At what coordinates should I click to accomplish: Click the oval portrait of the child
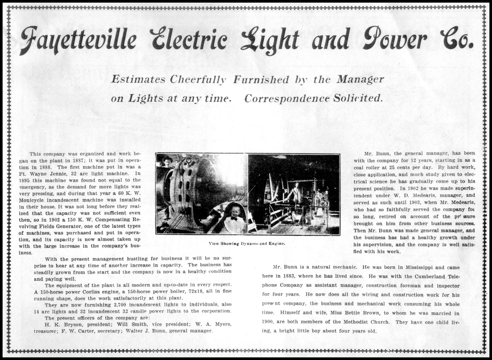click(235, 219)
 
